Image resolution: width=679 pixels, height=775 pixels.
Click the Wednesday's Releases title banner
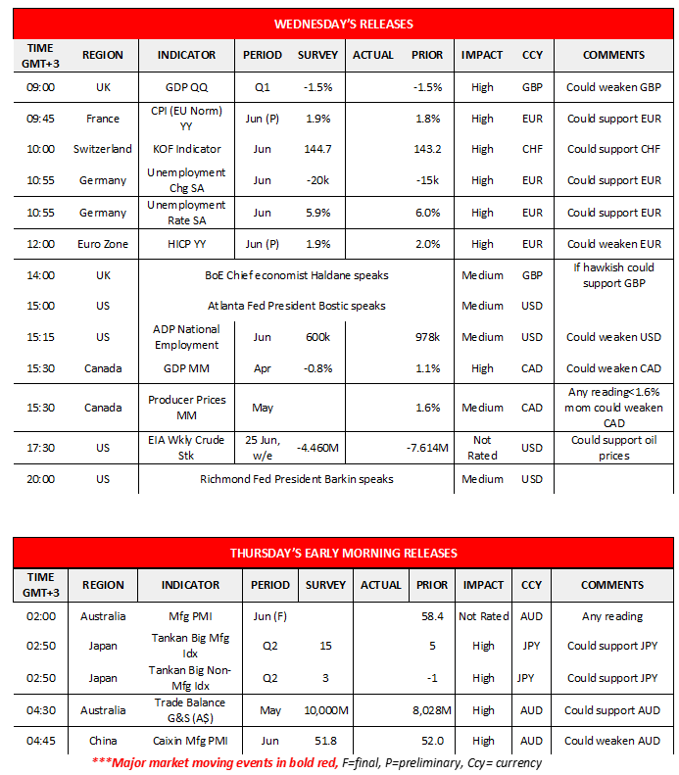pos(343,23)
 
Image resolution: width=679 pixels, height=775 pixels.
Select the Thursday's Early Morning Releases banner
pos(343,553)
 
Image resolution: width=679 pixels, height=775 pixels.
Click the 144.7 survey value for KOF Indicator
pos(317,150)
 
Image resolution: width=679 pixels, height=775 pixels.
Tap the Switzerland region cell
pos(103,150)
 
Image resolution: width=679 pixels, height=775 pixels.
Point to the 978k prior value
pos(427,337)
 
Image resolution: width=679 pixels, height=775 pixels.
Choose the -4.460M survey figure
pos(317,448)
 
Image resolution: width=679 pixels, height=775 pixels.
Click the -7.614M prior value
pos(427,448)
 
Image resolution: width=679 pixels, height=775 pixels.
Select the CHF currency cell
pos(532,150)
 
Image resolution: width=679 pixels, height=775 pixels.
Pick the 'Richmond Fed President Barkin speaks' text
pos(296,479)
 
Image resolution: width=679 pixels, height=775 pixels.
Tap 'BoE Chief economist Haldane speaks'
pos(296,276)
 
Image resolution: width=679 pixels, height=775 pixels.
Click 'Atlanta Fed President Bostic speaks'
pos(296,306)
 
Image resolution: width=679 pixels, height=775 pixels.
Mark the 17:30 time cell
pos(41,448)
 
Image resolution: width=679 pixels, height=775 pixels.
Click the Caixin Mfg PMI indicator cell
pos(190,741)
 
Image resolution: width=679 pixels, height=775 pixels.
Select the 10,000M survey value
pos(325,709)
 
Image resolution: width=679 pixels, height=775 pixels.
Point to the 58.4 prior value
pos(431,616)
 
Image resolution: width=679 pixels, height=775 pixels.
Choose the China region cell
pos(103,741)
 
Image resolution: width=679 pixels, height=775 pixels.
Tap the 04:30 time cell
pos(41,709)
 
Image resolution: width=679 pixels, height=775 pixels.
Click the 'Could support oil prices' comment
pos(613,448)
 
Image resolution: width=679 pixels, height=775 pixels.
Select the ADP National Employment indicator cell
pos(186,337)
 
